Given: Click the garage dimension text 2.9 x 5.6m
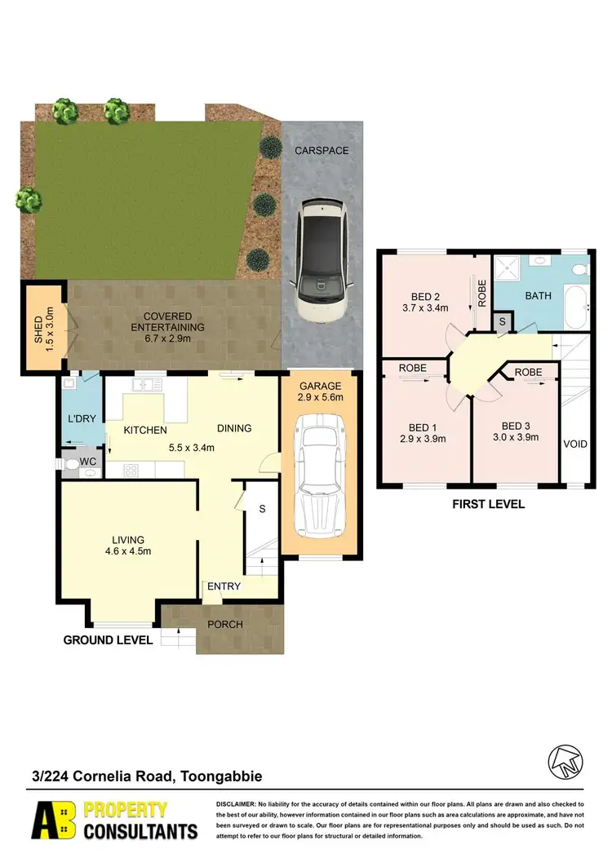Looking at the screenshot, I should (x=320, y=397).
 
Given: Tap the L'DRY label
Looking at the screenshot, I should (x=82, y=418).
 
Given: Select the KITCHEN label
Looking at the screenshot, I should (x=145, y=430).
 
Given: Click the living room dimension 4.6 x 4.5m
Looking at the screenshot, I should (x=128, y=551).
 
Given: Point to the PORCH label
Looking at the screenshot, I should (x=226, y=625).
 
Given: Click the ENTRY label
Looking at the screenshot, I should (x=224, y=586).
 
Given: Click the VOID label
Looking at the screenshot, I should (x=575, y=445).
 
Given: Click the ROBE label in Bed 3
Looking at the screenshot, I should (x=529, y=372).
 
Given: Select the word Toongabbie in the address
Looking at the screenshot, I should (x=220, y=777).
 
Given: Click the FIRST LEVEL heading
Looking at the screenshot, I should (x=488, y=505).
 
